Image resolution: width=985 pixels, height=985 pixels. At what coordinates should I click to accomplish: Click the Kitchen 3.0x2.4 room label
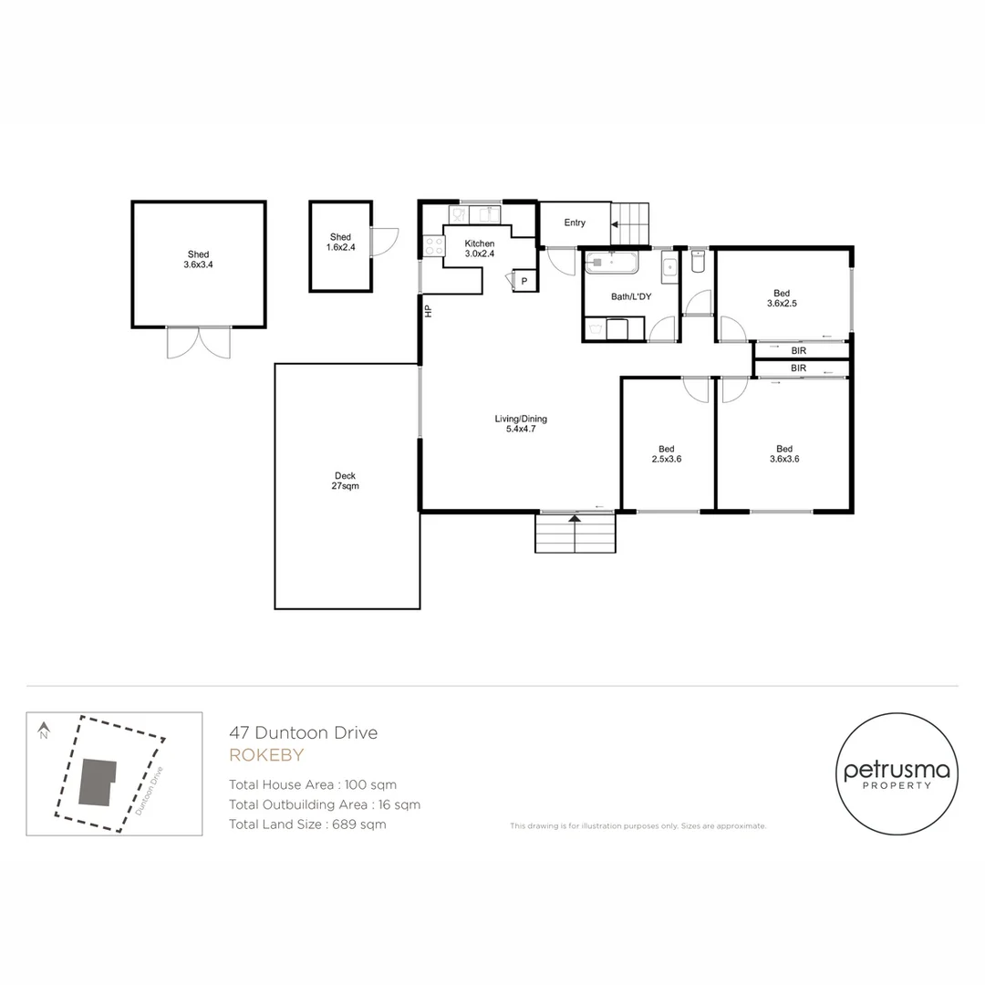pyautogui.click(x=480, y=249)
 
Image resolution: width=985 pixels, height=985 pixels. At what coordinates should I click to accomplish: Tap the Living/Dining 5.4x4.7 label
pyautogui.click(x=521, y=424)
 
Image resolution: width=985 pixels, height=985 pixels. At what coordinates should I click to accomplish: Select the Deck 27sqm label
pyautogui.click(x=345, y=481)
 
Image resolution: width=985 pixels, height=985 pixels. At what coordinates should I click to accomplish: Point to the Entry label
pyautogui.click(x=575, y=223)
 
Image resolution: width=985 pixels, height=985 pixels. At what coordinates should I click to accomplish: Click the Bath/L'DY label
pyautogui.click(x=629, y=297)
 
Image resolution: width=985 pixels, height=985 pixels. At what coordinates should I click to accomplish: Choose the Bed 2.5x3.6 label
pyautogui.click(x=667, y=453)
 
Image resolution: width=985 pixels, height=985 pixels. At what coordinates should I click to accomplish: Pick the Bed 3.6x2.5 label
pyautogui.click(x=783, y=297)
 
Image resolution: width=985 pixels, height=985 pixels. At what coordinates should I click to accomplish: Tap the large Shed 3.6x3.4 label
pyautogui.click(x=198, y=260)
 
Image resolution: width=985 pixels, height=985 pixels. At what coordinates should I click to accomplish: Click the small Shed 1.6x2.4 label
pyautogui.click(x=340, y=243)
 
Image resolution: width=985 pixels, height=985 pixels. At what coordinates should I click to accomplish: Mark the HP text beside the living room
pyautogui.click(x=427, y=310)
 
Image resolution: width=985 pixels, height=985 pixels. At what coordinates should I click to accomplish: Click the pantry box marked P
pyautogui.click(x=524, y=282)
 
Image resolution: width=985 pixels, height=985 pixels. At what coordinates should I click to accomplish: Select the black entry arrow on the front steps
pyautogui.click(x=575, y=519)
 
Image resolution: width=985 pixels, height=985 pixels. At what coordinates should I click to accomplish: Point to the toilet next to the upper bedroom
pyautogui.click(x=699, y=262)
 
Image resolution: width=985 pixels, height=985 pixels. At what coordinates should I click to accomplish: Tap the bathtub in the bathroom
pyautogui.click(x=611, y=263)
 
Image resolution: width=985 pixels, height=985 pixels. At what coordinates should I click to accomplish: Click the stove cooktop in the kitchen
pyautogui.click(x=433, y=246)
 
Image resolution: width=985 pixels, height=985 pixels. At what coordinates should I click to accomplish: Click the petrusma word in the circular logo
pyautogui.click(x=896, y=771)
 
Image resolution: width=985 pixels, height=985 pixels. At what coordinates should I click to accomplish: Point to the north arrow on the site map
pyautogui.click(x=43, y=731)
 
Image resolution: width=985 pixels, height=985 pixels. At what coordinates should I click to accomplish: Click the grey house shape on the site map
pyautogui.click(x=95, y=782)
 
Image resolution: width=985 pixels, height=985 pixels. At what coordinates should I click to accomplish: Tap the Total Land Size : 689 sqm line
pyautogui.click(x=307, y=824)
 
